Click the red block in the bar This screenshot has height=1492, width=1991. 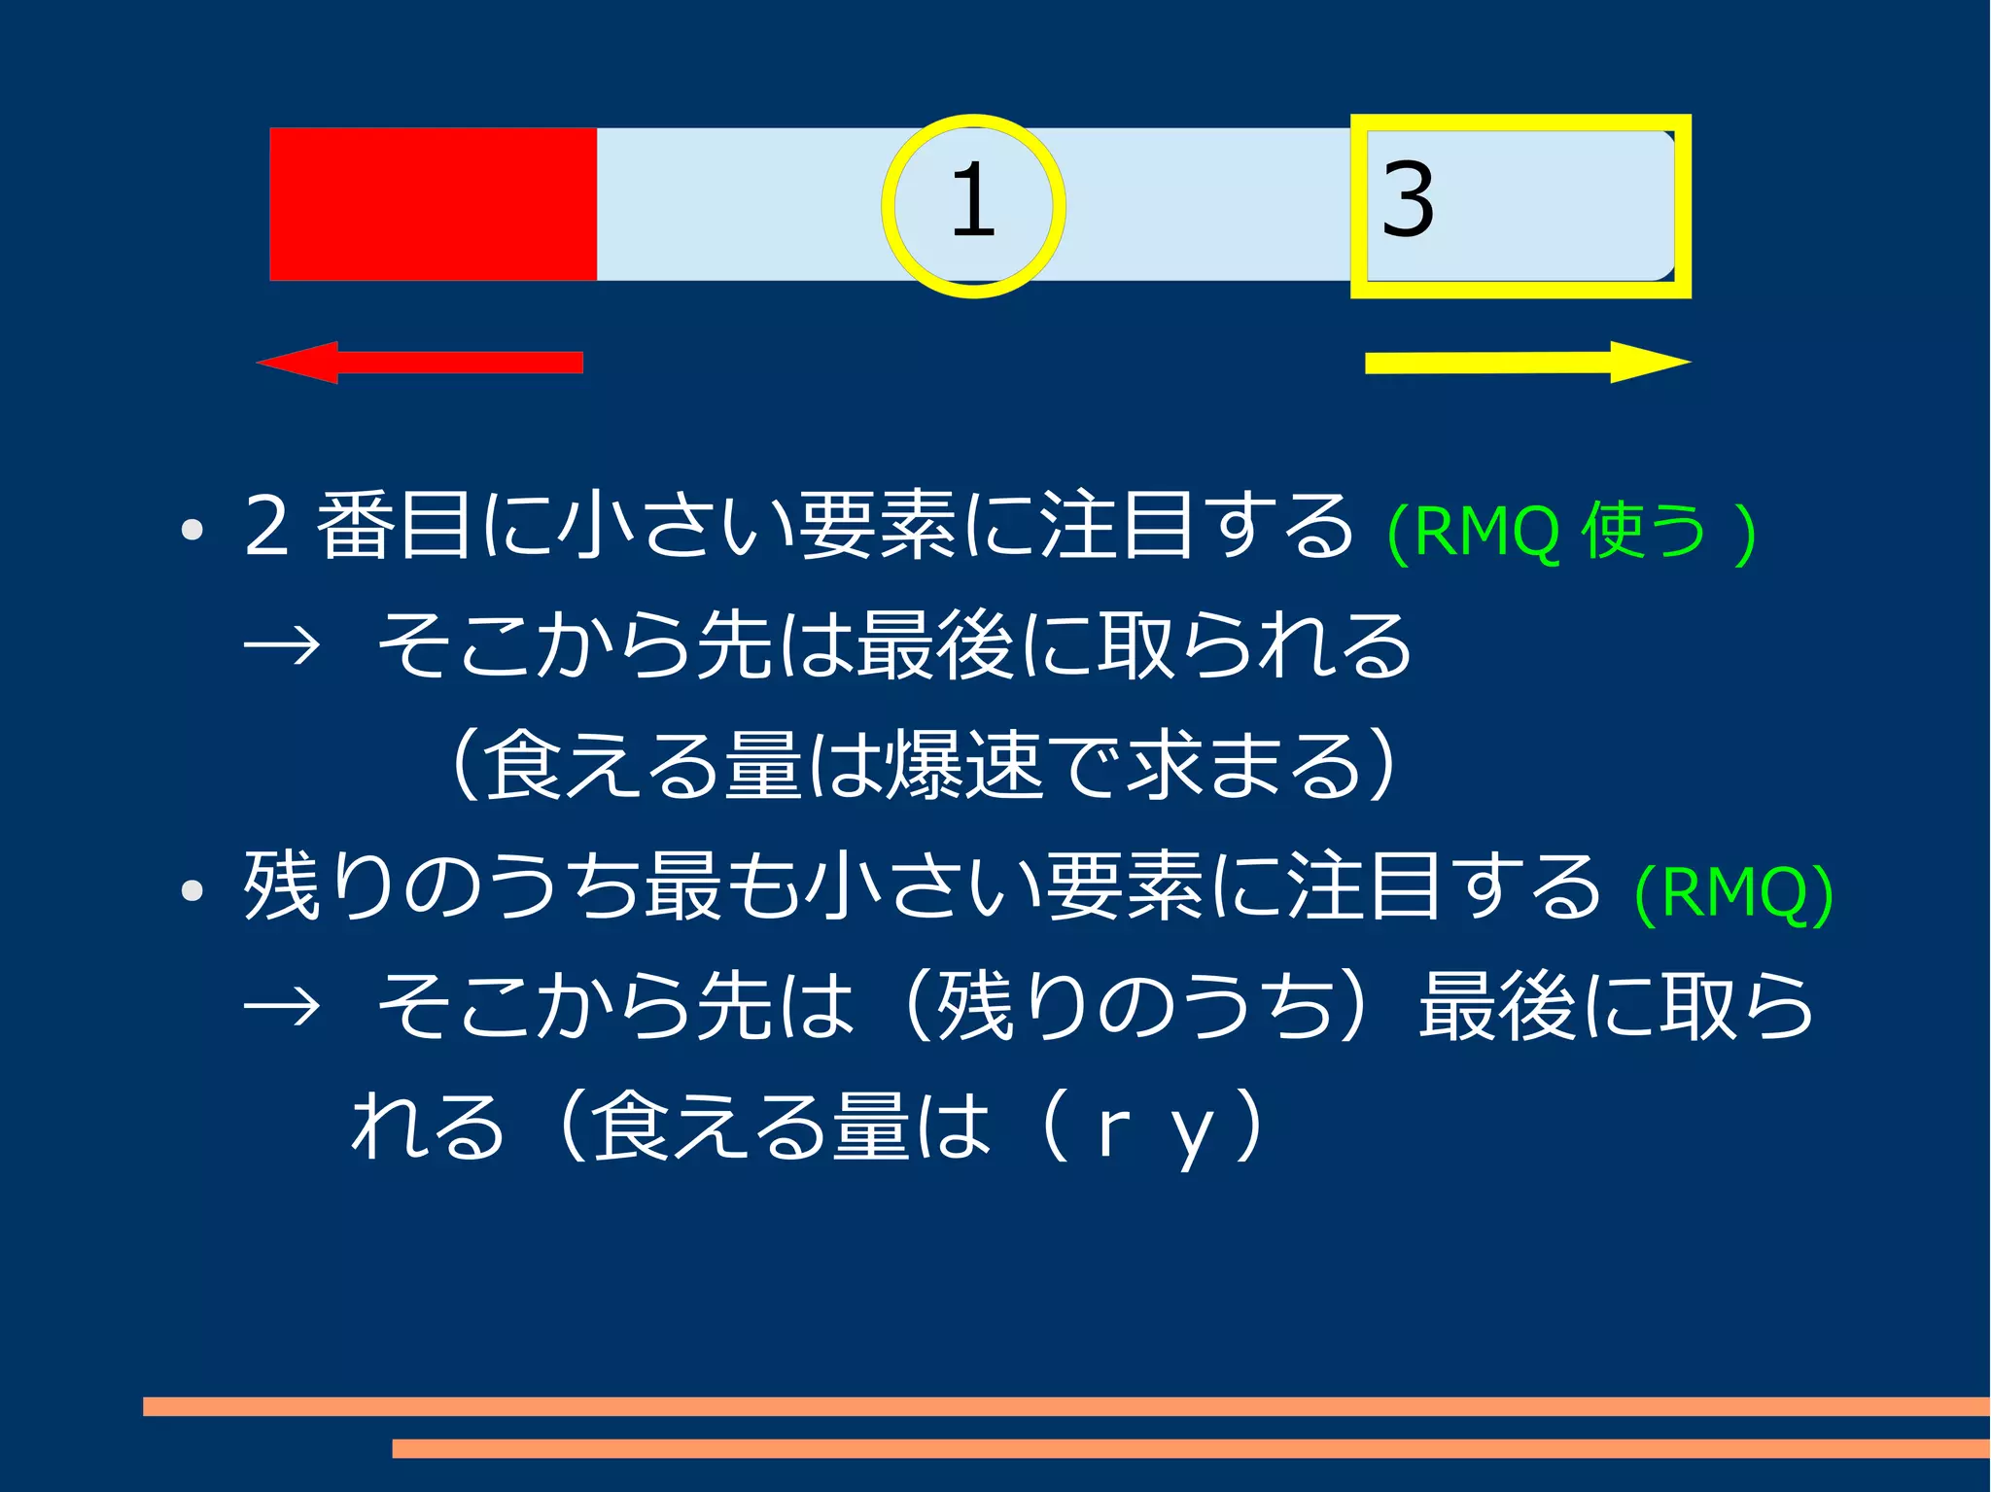433,204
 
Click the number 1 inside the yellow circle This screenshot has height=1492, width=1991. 973,201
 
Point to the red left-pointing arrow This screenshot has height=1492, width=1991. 419,363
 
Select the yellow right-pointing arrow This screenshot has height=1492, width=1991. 1527,363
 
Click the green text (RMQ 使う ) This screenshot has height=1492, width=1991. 1571,532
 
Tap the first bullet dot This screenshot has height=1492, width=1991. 192,531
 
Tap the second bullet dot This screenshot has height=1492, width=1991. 192,890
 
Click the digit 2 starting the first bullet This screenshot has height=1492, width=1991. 266,527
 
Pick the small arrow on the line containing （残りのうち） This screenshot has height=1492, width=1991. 282,1007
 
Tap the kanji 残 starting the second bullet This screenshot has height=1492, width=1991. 282,886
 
